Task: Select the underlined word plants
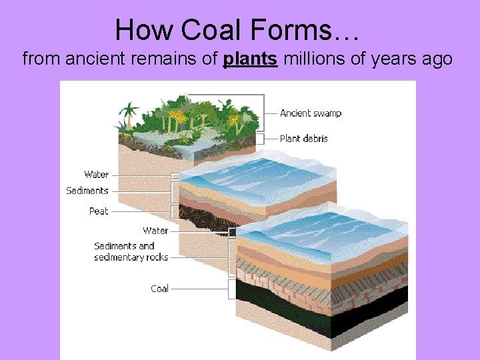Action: tap(251, 59)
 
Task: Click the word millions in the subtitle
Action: tap(313, 59)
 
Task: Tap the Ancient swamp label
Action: tap(311, 113)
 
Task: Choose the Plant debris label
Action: tap(303, 139)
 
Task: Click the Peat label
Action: tap(99, 211)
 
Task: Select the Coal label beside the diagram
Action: tap(159, 289)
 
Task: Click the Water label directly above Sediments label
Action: tap(97, 175)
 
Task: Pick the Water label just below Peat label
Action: tap(155, 231)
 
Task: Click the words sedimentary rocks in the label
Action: tap(131, 257)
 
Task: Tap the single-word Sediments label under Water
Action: tap(87, 191)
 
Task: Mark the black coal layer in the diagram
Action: tap(320, 313)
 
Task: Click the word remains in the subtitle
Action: tap(161, 59)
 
